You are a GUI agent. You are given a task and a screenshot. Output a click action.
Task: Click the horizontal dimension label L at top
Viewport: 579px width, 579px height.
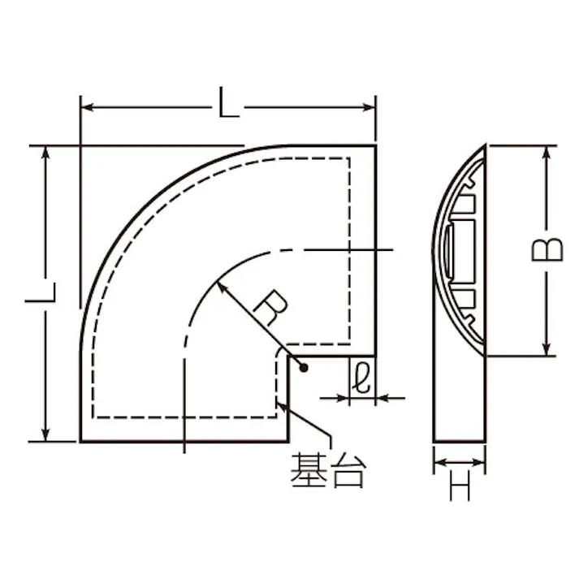(228, 105)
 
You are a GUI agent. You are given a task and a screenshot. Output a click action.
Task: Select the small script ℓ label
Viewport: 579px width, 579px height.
(362, 378)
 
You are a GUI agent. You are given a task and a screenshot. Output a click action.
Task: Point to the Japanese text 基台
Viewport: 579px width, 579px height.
(327, 470)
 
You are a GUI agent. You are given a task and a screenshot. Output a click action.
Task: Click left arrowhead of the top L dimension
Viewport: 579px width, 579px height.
(86, 106)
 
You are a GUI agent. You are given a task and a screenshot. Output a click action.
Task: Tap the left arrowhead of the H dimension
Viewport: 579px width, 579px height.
(439, 464)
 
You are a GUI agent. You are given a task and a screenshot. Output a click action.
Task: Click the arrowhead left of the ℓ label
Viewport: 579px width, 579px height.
(343, 398)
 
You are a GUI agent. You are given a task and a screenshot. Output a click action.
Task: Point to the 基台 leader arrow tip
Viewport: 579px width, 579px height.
(281, 402)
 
